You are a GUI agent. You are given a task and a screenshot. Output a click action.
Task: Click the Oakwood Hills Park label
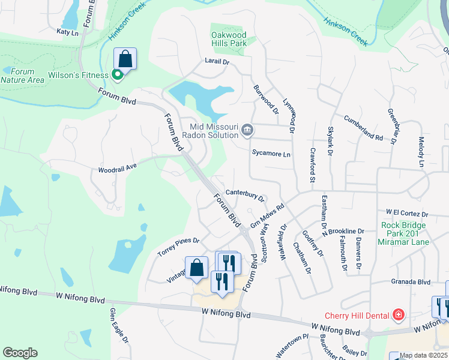229,40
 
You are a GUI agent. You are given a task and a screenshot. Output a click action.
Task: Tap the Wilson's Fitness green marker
118,75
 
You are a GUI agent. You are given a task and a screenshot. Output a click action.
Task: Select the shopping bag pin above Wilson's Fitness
125,59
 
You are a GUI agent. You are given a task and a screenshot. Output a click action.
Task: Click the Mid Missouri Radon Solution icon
247,130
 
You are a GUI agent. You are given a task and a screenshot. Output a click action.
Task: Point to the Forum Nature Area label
22,76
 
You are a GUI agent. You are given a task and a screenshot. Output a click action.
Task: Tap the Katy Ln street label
68,32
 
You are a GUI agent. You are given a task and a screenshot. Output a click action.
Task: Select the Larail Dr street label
217,61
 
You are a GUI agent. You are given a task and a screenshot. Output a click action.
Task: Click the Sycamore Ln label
271,154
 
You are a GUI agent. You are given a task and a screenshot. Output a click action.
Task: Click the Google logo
20,353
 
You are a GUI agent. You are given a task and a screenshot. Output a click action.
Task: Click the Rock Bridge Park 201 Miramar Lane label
403,233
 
